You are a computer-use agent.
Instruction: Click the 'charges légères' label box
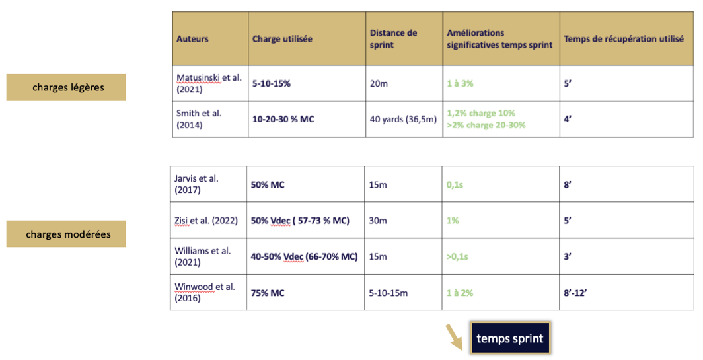tap(66, 87)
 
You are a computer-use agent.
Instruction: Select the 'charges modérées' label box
tap(66, 234)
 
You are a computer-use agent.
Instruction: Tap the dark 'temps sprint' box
tap(510, 338)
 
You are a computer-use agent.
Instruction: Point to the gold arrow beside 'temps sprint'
tap(454, 337)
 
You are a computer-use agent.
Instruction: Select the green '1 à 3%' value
tap(460, 83)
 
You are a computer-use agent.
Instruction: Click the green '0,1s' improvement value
tap(455, 185)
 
